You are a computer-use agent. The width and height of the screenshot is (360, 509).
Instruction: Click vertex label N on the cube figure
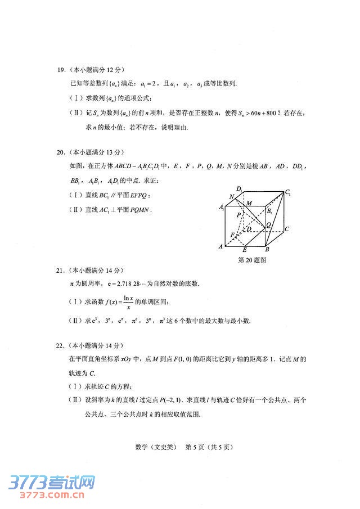231,197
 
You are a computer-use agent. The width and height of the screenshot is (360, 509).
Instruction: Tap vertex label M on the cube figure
249,202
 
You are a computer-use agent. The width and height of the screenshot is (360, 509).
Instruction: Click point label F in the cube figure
233,235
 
